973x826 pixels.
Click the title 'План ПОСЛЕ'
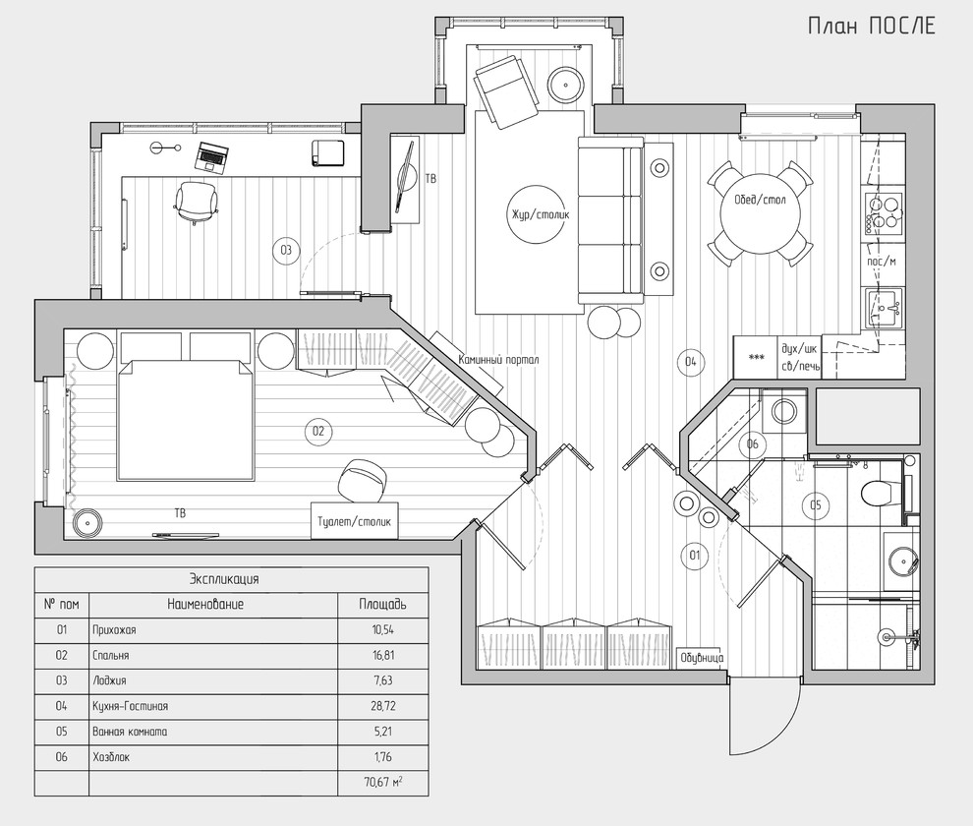tap(871, 27)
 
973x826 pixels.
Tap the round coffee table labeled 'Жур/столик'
tap(537, 215)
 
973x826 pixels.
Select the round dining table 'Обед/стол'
tap(760, 213)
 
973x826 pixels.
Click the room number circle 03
tap(286, 251)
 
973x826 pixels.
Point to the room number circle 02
tap(318, 431)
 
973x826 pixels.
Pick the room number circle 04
tap(691, 362)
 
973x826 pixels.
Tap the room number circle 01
tap(695, 555)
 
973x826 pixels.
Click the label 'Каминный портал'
tap(498, 360)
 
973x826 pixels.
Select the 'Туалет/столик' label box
tap(355, 521)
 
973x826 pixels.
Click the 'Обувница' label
tap(701, 658)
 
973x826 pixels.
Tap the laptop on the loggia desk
tap(211, 156)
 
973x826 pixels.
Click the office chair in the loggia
tap(197, 202)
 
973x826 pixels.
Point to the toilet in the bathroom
tap(880, 493)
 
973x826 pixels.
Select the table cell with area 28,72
tap(383, 706)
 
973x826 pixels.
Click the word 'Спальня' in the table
tap(110, 655)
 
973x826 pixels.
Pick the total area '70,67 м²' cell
tap(383, 783)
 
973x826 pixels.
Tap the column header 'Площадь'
tap(383, 604)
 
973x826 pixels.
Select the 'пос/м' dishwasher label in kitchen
tap(882, 262)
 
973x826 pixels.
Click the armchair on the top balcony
tap(504, 91)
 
